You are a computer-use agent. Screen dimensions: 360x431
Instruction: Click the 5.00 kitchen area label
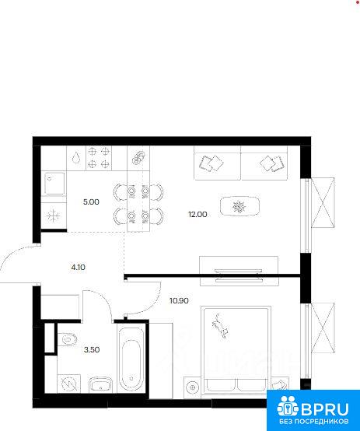click(91, 202)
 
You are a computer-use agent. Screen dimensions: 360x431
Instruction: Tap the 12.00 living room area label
click(197, 214)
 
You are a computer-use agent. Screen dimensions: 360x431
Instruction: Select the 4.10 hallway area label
click(78, 267)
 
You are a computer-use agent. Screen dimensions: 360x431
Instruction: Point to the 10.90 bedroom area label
click(179, 301)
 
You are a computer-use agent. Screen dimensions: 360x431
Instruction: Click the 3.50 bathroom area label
click(92, 350)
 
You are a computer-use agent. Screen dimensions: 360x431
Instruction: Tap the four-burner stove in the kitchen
click(99, 158)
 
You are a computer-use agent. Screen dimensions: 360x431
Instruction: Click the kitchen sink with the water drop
click(76, 158)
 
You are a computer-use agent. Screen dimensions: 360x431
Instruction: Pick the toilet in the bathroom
click(67, 339)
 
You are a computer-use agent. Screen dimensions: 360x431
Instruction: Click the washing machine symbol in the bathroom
click(69, 384)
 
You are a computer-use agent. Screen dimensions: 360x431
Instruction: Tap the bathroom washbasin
click(100, 384)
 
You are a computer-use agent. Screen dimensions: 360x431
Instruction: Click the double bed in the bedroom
click(236, 352)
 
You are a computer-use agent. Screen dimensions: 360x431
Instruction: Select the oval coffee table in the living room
click(239, 206)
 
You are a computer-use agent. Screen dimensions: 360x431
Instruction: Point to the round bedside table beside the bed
click(192, 387)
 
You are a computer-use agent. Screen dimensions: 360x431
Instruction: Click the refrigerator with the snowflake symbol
click(54, 215)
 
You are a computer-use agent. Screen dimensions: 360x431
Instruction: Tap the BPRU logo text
click(325, 410)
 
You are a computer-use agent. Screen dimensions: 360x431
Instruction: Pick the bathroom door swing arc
click(104, 299)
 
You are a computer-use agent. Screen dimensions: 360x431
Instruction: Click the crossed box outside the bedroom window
click(323, 328)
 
